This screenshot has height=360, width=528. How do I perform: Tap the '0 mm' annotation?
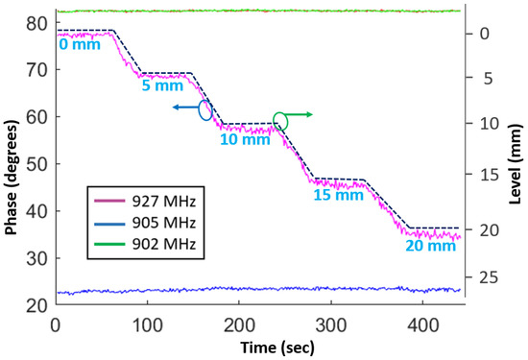tap(78, 44)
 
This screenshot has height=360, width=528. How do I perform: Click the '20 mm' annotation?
tap(426, 247)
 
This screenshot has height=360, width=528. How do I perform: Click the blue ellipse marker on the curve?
tap(204, 108)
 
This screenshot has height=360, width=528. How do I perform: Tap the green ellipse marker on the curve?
tap(280, 120)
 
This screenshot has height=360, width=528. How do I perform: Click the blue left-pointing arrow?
tap(184, 108)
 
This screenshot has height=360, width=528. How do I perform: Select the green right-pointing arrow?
tap(301, 114)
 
